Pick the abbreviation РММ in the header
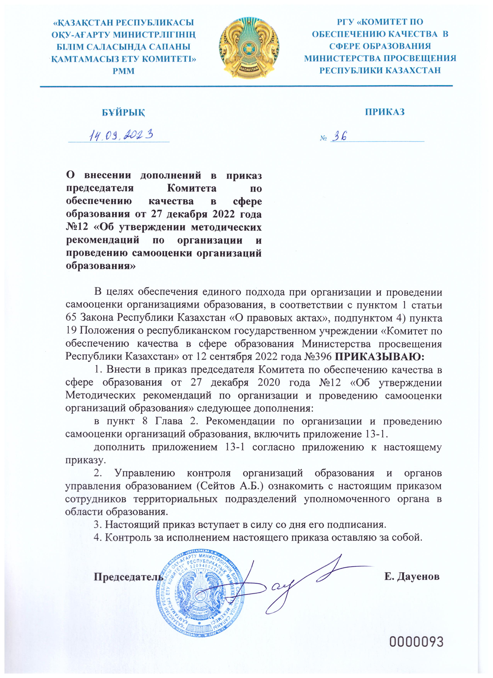tap(123, 71)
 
